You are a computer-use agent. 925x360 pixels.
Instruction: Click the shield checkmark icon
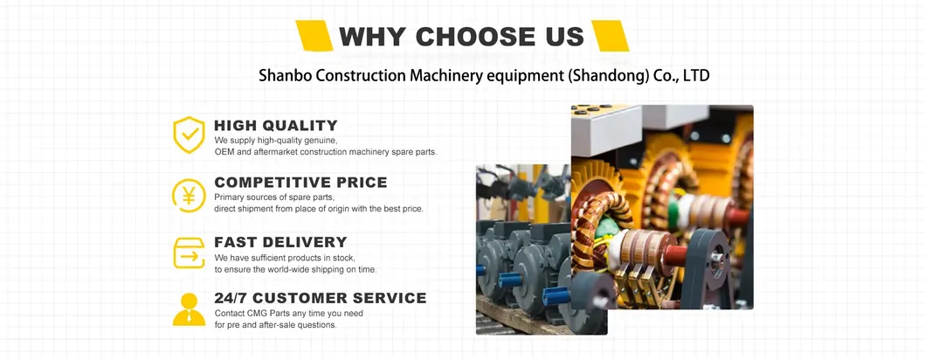(189, 135)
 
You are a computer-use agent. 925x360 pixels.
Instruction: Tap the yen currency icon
(189, 195)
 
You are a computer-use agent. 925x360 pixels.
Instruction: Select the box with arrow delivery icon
(189, 253)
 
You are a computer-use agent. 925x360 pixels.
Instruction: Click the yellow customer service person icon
(189, 309)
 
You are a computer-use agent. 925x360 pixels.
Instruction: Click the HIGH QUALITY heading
(275, 126)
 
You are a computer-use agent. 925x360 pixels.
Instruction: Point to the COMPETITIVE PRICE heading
(300, 183)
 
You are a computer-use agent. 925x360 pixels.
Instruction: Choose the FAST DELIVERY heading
(280, 242)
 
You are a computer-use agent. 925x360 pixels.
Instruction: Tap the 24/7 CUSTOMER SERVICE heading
(321, 298)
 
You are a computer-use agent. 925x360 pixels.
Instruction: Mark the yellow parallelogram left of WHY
(314, 36)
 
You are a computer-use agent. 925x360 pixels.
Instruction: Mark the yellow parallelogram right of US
(610, 36)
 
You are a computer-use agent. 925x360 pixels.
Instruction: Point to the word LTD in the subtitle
(696, 76)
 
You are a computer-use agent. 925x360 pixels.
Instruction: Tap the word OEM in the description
(224, 152)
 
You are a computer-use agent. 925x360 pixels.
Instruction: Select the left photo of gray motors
(523, 250)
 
